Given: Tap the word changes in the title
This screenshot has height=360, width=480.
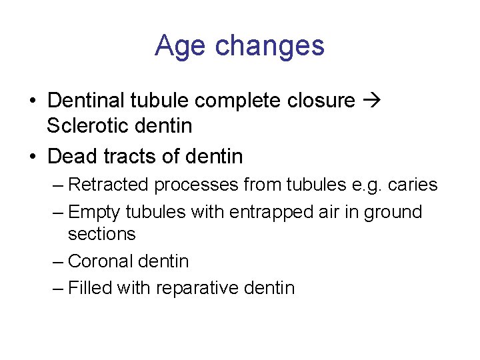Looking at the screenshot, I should point(270,46).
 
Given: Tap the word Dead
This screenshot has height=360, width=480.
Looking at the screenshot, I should point(73,157).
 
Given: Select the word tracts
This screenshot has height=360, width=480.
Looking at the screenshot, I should point(129,157).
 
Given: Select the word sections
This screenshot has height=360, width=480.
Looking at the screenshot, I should point(101,234).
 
